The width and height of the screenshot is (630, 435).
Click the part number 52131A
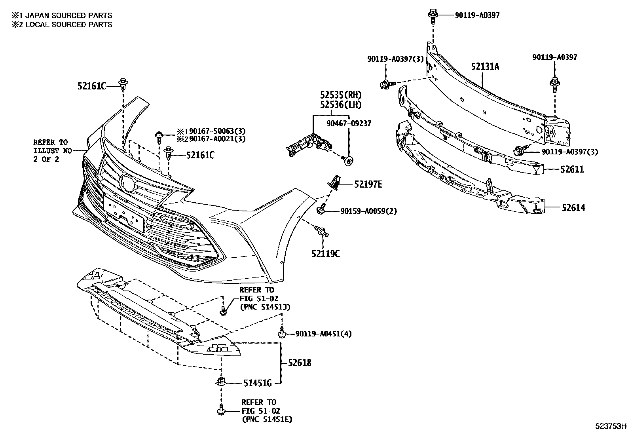pos(485,66)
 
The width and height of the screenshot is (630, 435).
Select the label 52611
pos(572,169)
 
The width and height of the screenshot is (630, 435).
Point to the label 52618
pos(300,363)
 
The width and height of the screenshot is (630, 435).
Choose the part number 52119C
pos(325,253)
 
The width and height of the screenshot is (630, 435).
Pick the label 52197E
pos(368,184)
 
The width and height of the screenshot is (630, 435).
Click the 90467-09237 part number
pos(349,123)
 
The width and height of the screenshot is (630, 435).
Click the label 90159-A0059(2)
pos(368,211)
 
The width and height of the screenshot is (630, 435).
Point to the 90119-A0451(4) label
pos(323,334)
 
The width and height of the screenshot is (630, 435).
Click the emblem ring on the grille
pos(127,183)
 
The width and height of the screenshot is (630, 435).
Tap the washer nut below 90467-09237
pos(348,160)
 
